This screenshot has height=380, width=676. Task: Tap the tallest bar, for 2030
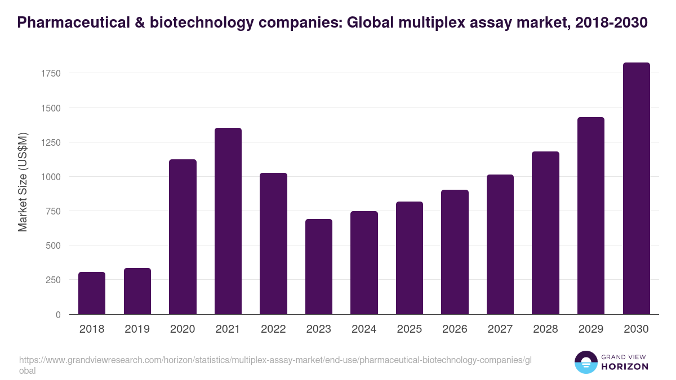[x=636, y=188]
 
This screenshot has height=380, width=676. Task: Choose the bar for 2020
[x=183, y=236]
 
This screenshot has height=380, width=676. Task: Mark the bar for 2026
[x=455, y=252]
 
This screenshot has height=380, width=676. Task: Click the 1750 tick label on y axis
[x=50, y=73]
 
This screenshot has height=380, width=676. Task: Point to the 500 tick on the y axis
[x=53, y=245]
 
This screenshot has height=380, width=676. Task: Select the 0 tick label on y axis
[x=58, y=315]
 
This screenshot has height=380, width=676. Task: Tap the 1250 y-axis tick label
[x=50, y=142]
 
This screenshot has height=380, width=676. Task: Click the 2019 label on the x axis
[x=137, y=329]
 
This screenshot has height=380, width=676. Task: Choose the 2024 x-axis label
[x=364, y=329]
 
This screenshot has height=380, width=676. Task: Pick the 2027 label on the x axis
[x=500, y=329]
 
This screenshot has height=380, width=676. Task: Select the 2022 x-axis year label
[x=273, y=329]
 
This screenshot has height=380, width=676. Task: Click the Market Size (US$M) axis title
[x=23, y=182]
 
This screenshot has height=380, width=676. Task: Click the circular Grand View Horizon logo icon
[x=586, y=362]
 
